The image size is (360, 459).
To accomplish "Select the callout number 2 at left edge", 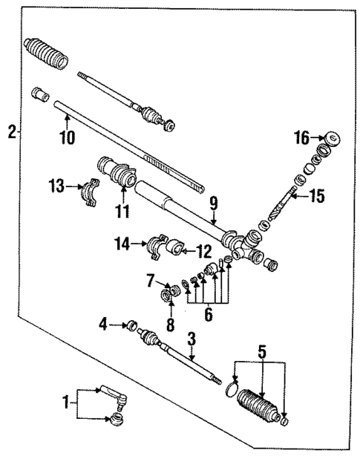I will tap(11, 133).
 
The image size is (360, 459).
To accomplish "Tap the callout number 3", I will tap(191, 339).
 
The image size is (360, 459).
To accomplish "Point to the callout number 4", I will tap(104, 323).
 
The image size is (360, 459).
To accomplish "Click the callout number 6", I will tap(208, 315).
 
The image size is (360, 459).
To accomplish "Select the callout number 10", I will tap(68, 137).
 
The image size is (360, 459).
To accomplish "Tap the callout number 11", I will tap(122, 212).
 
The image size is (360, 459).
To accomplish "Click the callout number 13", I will tap(56, 186).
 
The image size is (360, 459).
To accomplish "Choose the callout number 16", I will tap(301, 137).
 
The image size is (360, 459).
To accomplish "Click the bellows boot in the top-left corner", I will tap(46, 53).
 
